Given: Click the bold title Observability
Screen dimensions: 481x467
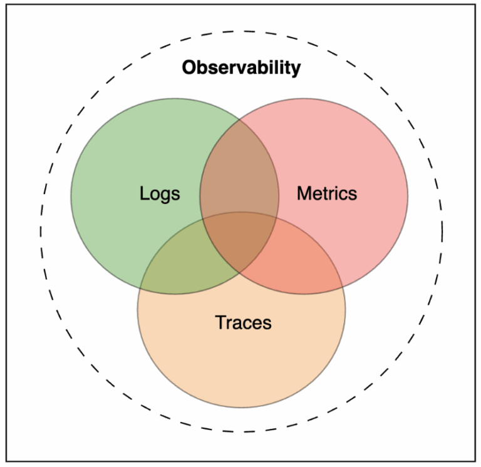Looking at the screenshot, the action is coord(241,68).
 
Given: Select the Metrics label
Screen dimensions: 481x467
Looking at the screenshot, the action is coord(327,193).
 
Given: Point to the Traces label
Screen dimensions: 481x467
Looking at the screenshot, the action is coord(243,322).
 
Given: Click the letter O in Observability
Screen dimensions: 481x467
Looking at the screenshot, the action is coord(190,67).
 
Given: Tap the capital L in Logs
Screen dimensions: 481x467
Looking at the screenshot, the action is coord(144,193).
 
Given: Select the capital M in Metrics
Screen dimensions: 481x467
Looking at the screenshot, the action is coord(304,193).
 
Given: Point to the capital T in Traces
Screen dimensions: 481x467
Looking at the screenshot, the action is coord(221,322).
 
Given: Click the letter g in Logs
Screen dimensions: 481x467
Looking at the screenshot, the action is coord(166,196).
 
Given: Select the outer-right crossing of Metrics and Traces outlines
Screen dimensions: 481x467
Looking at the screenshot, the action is coord(343,287).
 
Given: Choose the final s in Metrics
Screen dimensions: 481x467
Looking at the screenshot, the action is coord(353,195).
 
